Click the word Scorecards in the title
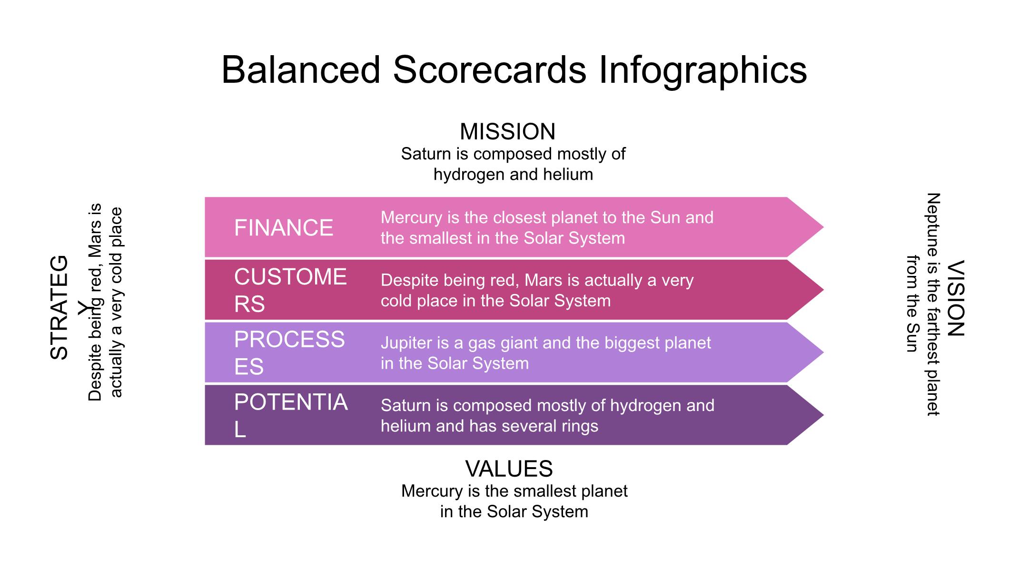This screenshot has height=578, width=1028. [490, 70]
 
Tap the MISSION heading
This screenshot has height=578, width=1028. [508, 132]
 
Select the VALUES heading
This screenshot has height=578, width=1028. [509, 469]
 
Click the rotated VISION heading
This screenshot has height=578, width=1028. [956, 298]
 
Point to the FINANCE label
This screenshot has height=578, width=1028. [284, 228]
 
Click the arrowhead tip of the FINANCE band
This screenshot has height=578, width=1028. [823, 227]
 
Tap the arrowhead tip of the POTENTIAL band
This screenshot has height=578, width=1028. [823, 415]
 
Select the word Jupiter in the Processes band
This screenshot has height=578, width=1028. [404, 343]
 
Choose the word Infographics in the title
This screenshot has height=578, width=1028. [703, 70]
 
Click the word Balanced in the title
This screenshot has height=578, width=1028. [301, 70]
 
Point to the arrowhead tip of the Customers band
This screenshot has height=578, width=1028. [823, 290]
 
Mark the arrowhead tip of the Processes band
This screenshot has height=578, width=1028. [823, 353]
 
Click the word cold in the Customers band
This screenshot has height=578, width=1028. [396, 301]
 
